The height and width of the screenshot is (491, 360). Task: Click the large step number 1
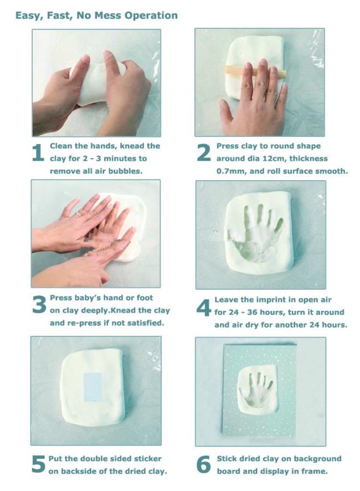pos(38,153)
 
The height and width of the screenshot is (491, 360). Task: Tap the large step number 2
pos(204,153)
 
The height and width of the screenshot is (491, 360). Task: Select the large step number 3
pos(39,304)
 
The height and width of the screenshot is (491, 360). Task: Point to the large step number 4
pos(204,307)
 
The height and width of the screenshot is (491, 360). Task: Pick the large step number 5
pos(39,464)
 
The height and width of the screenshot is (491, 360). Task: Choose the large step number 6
pos(203,464)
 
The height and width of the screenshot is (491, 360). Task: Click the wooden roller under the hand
pos(255,71)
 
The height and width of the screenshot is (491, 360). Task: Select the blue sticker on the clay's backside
pos(92,387)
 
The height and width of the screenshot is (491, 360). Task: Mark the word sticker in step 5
pos(148,459)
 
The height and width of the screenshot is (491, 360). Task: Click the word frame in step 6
pos(315,471)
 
